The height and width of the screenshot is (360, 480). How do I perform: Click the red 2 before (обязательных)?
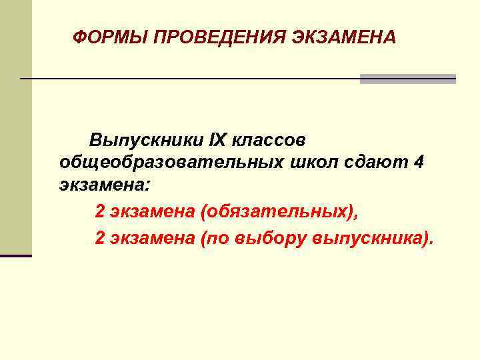(100, 211)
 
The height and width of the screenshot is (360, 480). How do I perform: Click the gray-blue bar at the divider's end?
(407, 79)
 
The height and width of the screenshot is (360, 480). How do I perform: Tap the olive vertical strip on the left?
(15, 127)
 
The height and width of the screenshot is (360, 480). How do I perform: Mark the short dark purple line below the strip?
(15, 255)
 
